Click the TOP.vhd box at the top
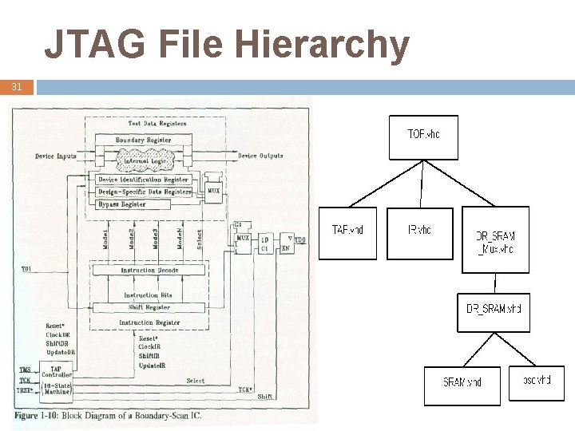(423, 142)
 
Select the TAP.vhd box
(347, 233)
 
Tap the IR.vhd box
(419, 233)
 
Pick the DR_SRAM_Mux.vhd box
(495, 239)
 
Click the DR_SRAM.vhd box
(494, 308)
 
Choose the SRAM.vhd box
(463, 386)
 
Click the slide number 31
(17, 86)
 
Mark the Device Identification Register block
(143, 180)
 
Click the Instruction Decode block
(149, 271)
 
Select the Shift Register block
(149, 307)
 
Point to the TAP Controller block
(57, 380)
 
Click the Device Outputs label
(260, 156)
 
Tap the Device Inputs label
(56, 156)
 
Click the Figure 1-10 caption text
(108, 415)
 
